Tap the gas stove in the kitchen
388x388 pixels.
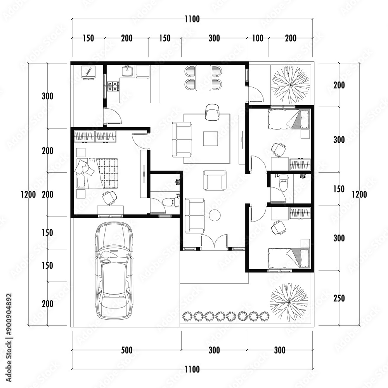pyautogui.click(x=113, y=86)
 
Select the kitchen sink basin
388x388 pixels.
pyautogui.click(x=127, y=71)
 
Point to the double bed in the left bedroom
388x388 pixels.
pyautogui.click(x=98, y=173)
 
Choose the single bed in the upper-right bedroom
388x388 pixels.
pyautogui.click(x=289, y=119)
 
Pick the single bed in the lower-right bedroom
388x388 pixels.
pyautogui.click(x=289, y=258)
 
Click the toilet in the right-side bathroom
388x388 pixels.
pyautogui.click(x=284, y=183)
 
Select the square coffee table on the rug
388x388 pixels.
pyautogui.click(x=210, y=139)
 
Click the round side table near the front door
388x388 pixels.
pyautogui.click(x=215, y=215)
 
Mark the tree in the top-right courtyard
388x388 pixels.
pyautogui.click(x=291, y=84)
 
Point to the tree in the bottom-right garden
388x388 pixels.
pyautogui.click(x=289, y=302)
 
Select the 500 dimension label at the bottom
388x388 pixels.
pyautogui.click(x=126, y=350)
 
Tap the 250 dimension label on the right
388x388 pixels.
pyautogui.click(x=339, y=298)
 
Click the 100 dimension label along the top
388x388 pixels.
pyautogui.click(x=258, y=38)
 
